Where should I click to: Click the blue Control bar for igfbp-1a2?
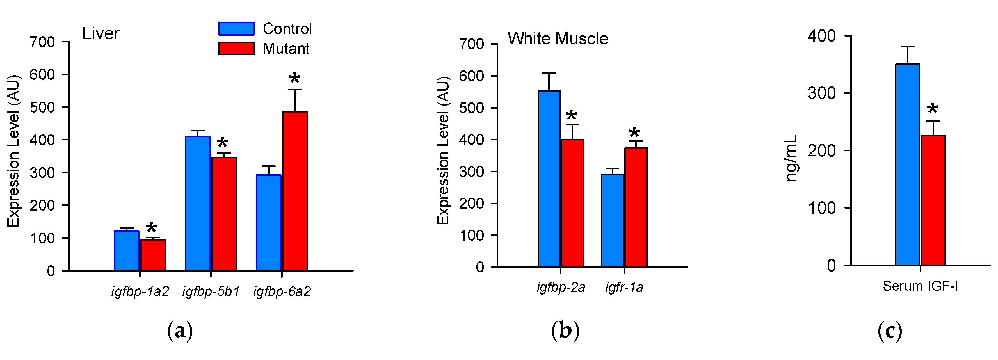click(x=127, y=251)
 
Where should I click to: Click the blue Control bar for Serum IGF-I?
click(x=907, y=165)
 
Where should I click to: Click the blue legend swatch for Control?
click(x=236, y=29)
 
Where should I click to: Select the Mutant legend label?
click(x=286, y=49)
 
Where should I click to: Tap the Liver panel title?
click(x=101, y=34)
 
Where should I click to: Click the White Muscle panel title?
click(x=558, y=39)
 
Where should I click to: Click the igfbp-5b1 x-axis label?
click(x=211, y=292)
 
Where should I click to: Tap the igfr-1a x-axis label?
click(x=624, y=288)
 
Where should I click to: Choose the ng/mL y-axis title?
click(x=791, y=158)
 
